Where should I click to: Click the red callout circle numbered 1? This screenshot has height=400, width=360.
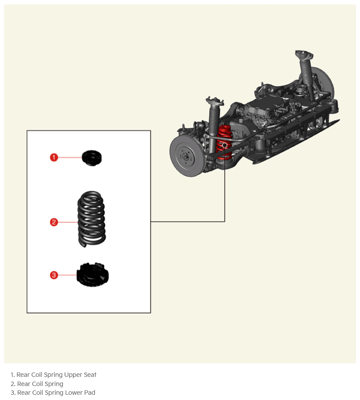tap(54, 157)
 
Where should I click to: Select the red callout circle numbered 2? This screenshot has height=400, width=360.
tap(54, 222)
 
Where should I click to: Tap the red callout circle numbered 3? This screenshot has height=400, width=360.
tap(54, 275)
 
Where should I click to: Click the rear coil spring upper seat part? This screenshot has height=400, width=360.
tap(92, 158)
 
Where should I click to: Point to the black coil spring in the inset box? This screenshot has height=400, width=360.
tap(92, 219)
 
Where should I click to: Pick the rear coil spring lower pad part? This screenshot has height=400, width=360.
tap(93, 275)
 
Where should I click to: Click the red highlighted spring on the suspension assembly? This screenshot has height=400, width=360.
tap(224, 143)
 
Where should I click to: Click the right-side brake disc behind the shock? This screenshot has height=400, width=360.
tap(323, 81)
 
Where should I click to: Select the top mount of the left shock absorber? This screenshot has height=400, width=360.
tap(215, 101)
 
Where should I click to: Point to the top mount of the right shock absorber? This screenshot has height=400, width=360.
tap(304, 55)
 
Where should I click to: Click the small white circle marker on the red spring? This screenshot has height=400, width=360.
tap(225, 145)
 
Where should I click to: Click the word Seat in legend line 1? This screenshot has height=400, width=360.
tap(90, 375)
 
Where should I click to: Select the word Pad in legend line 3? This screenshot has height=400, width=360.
tap(90, 392)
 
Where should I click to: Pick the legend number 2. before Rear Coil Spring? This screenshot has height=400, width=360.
tap(13, 384)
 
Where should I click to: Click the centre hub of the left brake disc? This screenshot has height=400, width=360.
tap(186, 156)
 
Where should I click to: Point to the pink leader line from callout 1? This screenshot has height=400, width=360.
tap(70, 157)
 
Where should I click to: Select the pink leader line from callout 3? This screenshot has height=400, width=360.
tap(67, 275)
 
